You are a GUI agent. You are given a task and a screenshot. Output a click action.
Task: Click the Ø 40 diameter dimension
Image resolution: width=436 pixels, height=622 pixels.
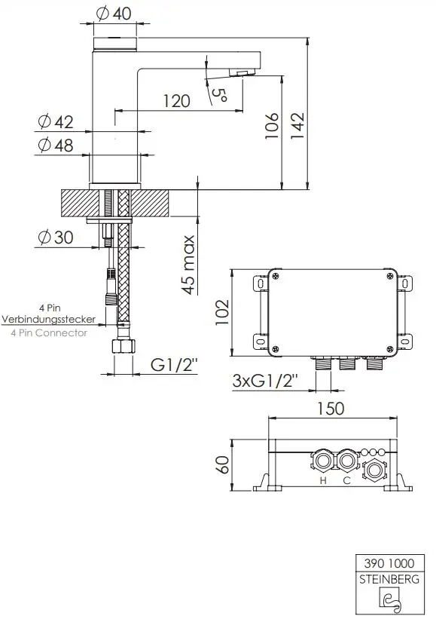coord(114,14)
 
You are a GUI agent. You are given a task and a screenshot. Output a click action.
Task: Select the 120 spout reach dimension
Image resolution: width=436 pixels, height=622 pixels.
coord(177,101)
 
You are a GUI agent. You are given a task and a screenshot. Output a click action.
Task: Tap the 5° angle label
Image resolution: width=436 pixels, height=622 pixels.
coord(219,94)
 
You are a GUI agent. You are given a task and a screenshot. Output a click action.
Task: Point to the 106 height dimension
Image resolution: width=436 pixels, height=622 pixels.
coord(272,126)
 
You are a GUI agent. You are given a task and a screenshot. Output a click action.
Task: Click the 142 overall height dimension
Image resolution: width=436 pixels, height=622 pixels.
coord(297,126)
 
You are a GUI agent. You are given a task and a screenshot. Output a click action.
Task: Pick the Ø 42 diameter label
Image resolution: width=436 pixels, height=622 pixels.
coord(56,122)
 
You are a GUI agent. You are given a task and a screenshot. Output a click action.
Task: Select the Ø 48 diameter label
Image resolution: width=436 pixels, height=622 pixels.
coord(56,146)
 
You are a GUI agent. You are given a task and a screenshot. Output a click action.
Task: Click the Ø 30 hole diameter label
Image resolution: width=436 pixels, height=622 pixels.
coord(56,237)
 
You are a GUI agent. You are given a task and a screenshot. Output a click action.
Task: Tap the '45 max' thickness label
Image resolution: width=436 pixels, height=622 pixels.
coord(189,265)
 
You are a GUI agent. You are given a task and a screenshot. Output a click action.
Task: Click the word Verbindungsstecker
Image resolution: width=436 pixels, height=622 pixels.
coord(49,319)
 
